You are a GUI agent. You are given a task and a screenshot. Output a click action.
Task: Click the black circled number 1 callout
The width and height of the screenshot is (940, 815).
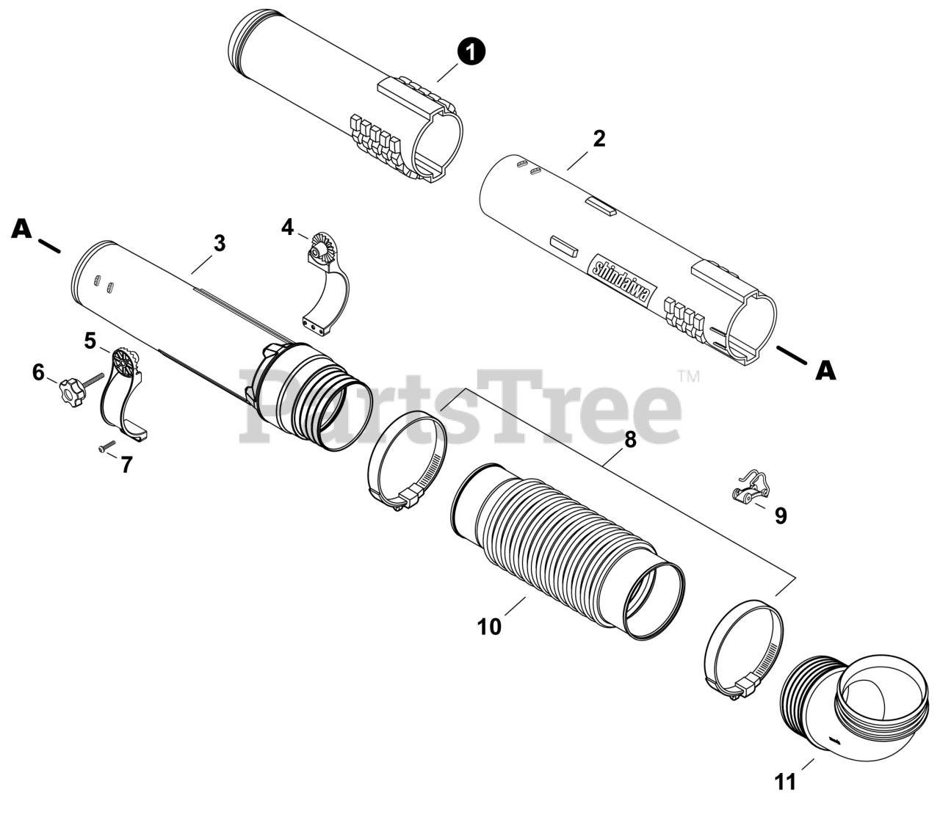click(471, 52)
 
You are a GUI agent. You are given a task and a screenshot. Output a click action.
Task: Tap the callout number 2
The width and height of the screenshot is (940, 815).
click(599, 139)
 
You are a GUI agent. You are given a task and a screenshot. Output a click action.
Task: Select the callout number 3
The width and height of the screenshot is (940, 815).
click(220, 244)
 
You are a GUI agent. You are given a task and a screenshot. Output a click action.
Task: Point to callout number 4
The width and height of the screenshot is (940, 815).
click(287, 227)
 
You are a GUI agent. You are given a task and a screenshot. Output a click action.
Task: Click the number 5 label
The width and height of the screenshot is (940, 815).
click(90, 341)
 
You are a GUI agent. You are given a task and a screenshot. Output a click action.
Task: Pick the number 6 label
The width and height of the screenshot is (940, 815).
click(38, 373)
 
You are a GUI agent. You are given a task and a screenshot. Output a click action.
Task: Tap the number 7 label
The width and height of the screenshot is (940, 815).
click(127, 464)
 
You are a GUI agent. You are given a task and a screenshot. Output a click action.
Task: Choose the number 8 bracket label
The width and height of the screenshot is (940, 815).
click(630, 440)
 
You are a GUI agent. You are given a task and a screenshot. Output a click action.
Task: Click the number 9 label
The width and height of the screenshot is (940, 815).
click(781, 515)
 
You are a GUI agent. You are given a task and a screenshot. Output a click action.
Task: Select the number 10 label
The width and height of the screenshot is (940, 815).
click(489, 627)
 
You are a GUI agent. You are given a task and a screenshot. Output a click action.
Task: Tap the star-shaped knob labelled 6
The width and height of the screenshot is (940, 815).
click(72, 391)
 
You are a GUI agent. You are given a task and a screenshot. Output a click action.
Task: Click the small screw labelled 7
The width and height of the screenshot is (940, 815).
click(107, 446)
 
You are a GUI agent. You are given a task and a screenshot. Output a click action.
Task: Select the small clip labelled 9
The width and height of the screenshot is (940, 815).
click(751, 488)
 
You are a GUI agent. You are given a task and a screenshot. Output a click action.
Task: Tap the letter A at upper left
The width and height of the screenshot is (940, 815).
click(22, 228)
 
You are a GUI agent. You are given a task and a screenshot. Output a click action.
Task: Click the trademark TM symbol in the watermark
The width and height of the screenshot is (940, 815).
click(689, 377)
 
